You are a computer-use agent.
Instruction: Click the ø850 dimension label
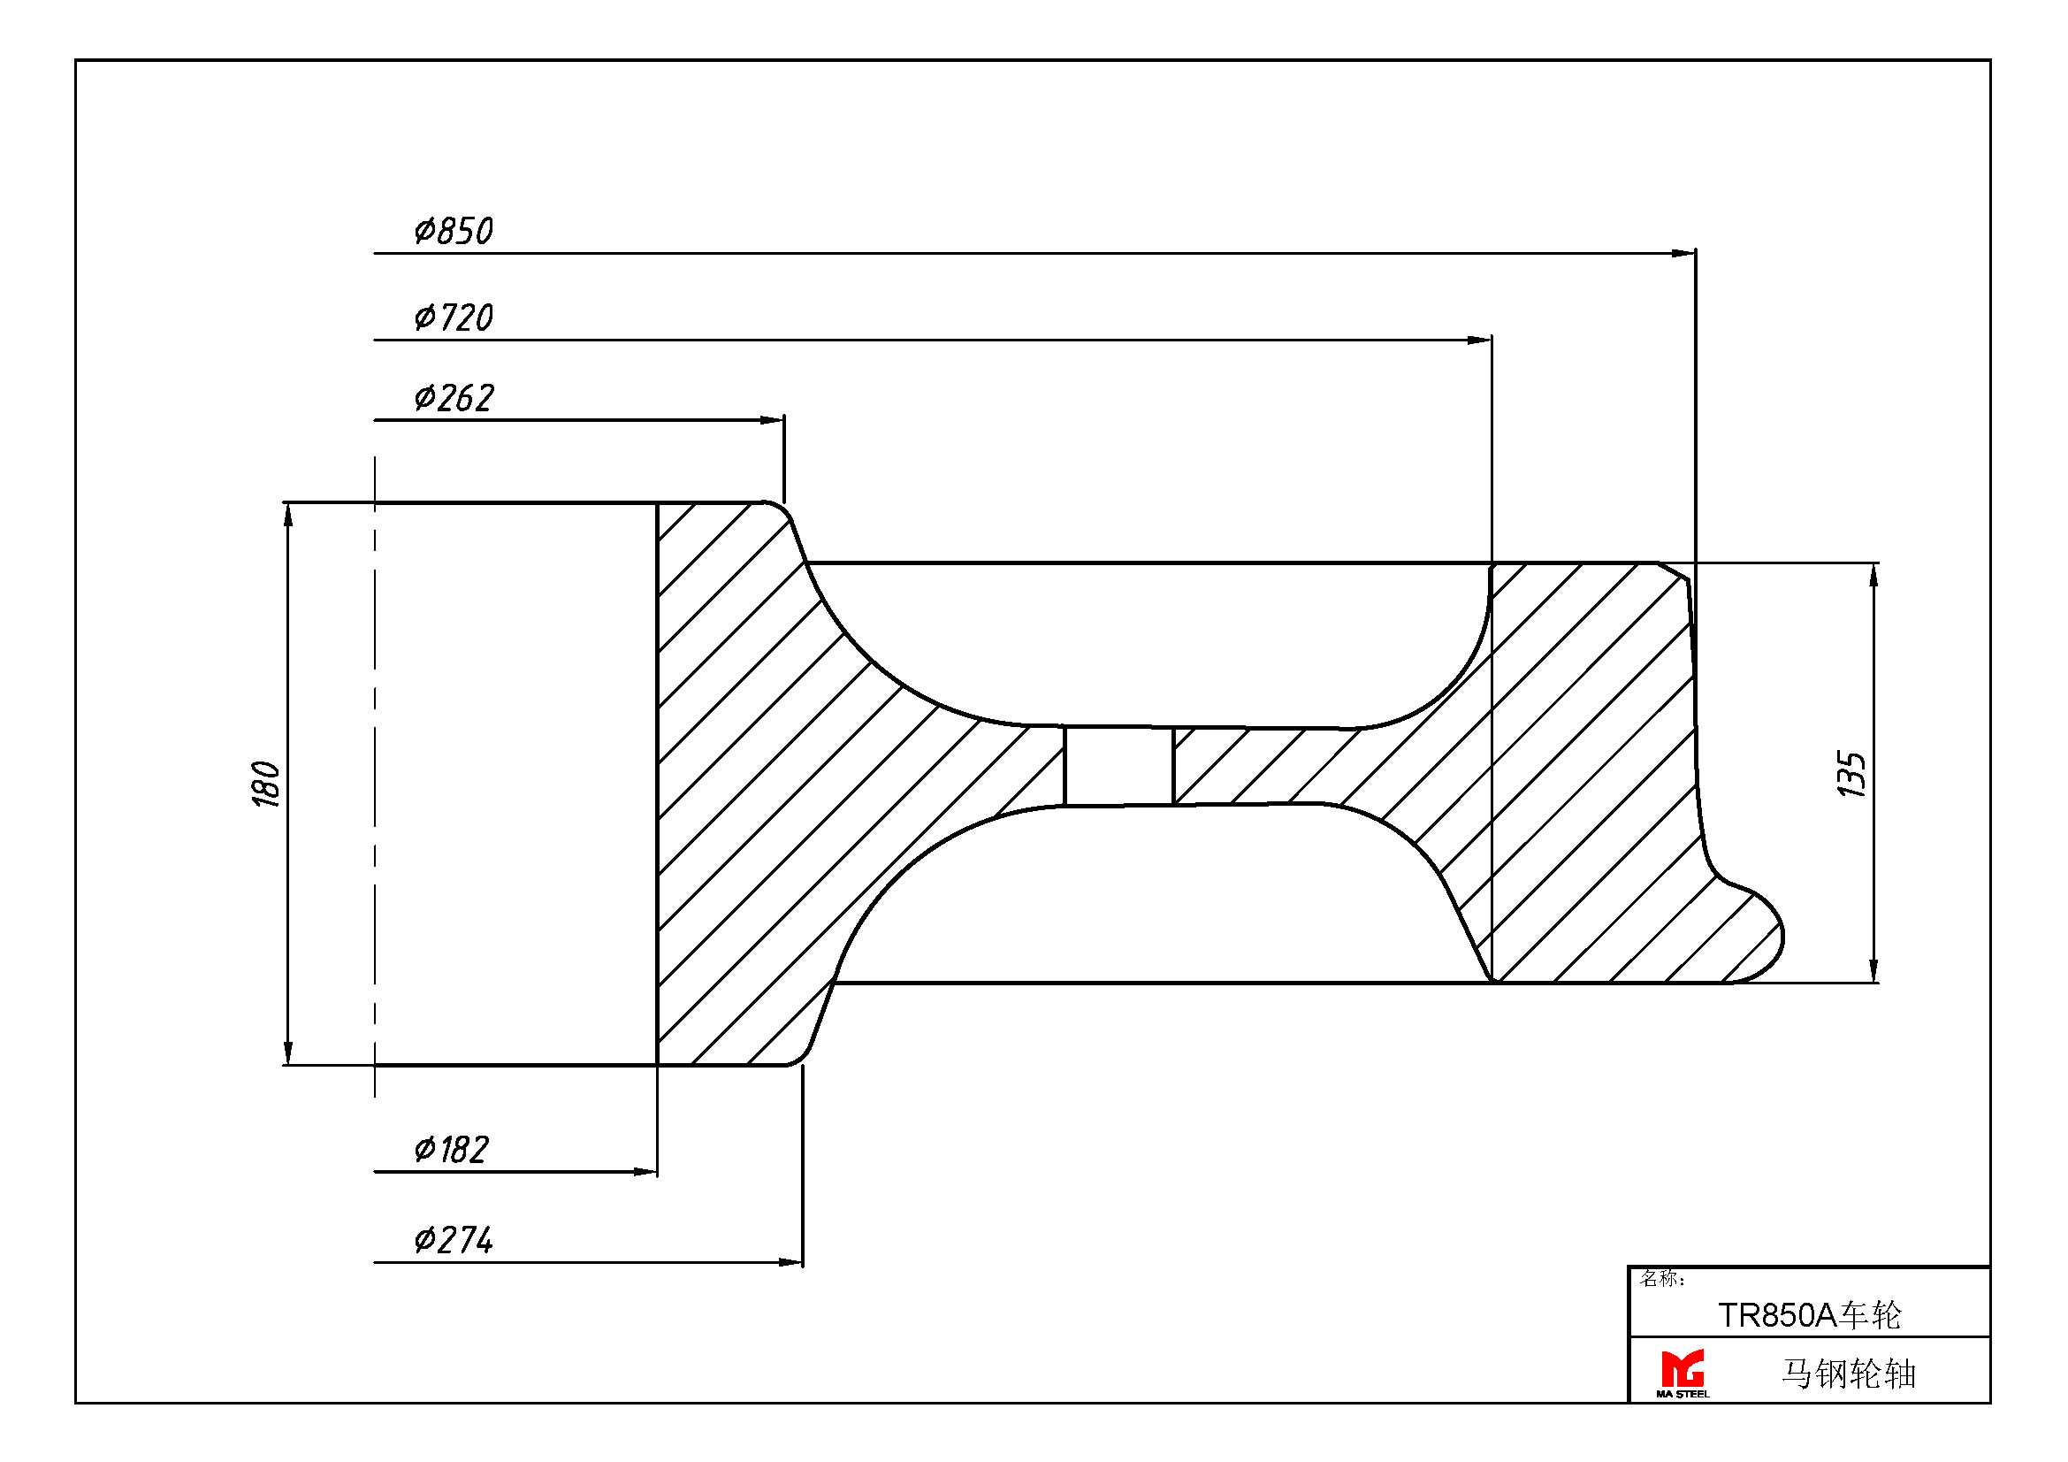454,231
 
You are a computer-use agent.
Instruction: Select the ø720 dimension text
454,318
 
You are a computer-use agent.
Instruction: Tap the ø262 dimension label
454,397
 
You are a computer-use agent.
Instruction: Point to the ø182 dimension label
451,1150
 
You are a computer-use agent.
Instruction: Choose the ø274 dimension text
454,1239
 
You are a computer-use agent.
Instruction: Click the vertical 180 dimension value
267,784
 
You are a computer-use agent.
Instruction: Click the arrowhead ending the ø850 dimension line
1683,253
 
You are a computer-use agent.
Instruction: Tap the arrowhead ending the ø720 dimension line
1480,340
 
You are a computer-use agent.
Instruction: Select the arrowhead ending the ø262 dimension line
772,420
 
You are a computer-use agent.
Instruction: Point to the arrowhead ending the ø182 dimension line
645,1172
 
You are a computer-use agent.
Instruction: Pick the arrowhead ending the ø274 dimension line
790,1262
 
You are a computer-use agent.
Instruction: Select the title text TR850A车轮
1809,1315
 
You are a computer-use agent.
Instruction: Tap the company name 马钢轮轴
1848,1374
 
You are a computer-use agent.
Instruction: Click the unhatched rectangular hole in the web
1118,765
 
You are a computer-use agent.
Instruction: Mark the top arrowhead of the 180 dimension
288,516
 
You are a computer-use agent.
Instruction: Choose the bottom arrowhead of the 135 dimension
1873,970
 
